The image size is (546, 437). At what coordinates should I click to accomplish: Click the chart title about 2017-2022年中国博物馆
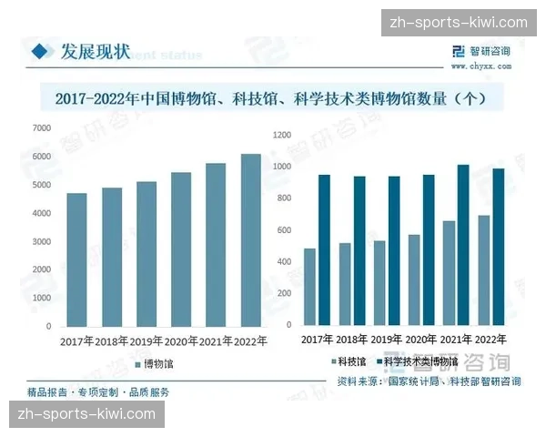(x=273, y=96)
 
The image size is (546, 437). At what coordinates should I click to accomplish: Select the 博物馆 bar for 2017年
(x=77, y=259)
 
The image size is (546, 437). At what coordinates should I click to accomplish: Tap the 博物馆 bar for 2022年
(x=251, y=239)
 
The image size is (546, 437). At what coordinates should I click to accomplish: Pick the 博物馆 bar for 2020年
(x=181, y=249)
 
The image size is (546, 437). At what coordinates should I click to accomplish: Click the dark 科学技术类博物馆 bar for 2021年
(x=463, y=245)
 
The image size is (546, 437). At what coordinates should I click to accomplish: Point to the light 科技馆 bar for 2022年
(x=484, y=270)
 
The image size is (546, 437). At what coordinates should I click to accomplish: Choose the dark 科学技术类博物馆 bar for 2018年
(x=359, y=251)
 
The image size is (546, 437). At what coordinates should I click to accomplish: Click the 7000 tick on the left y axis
(x=42, y=128)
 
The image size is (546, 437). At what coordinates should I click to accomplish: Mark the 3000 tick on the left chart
(x=42, y=241)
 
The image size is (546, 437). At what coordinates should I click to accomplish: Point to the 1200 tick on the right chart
(x=281, y=135)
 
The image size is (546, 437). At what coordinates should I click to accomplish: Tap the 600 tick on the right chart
(x=284, y=230)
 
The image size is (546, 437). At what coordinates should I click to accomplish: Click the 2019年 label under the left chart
(x=147, y=342)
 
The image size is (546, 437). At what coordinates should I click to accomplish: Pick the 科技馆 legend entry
(x=347, y=361)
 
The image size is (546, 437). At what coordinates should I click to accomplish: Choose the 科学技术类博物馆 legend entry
(x=419, y=361)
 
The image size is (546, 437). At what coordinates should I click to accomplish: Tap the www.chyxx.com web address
(x=479, y=66)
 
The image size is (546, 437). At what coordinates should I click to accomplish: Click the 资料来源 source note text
(x=429, y=381)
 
